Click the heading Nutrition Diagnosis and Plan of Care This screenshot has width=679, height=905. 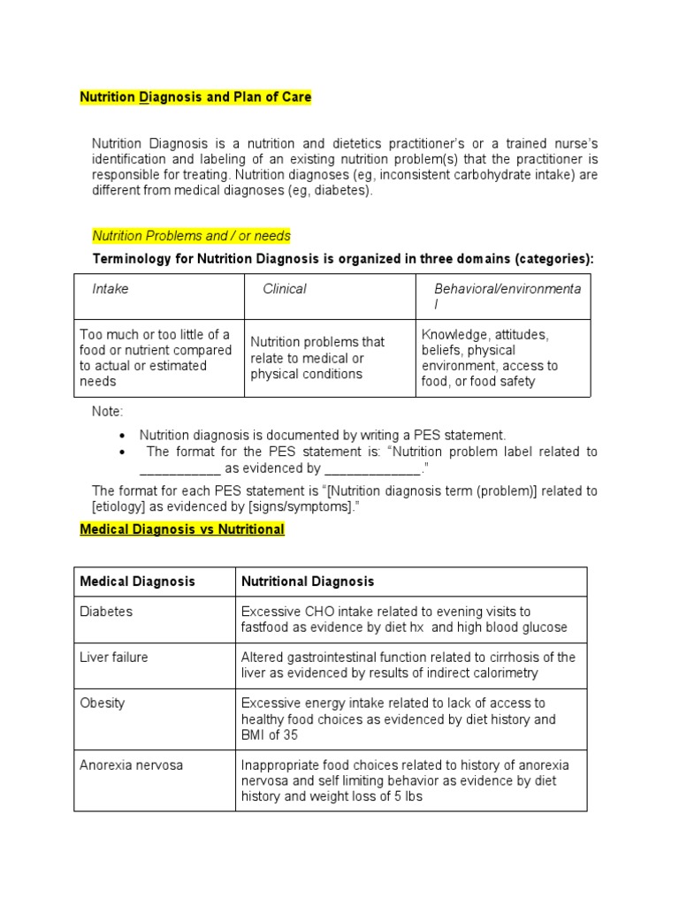click(x=195, y=97)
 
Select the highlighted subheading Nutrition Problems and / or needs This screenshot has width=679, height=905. click(x=191, y=236)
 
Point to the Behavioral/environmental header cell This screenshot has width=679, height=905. click(x=503, y=296)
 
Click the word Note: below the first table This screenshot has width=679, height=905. click(x=108, y=412)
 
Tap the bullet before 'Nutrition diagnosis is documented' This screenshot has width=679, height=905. click(x=122, y=436)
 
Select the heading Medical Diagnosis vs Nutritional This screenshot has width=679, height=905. click(x=182, y=529)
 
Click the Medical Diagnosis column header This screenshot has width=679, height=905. click(x=137, y=582)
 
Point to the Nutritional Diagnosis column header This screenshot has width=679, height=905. click(x=308, y=582)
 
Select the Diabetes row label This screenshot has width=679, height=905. click(x=105, y=612)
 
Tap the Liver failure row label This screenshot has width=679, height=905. click(x=114, y=658)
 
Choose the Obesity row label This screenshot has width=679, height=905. click(x=103, y=703)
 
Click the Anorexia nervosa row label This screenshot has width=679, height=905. click(x=131, y=765)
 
